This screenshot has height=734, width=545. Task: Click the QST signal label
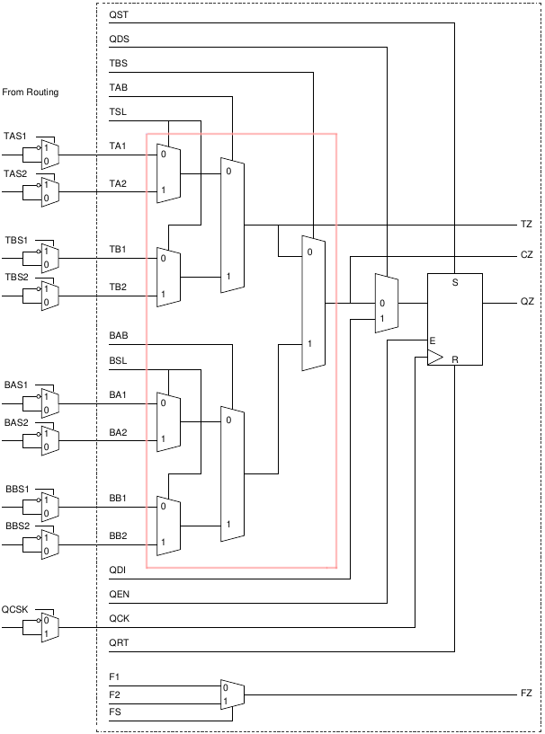(x=118, y=15)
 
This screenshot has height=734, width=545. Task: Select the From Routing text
(x=31, y=93)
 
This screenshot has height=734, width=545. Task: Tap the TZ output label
(x=526, y=224)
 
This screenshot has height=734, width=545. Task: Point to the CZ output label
(x=527, y=255)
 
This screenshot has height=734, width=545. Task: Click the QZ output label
(x=527, y=302)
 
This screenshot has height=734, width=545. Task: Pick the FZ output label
(x=526, y=694)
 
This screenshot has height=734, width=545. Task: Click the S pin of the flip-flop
(x=454, y=283)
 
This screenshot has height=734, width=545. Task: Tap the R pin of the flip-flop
(x=455, y=359)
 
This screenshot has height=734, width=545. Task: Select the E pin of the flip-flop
(x=433, y=341)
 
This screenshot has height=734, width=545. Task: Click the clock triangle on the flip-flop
(x=433, y=358)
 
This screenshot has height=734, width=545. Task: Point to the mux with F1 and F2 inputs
(x=232, y=694)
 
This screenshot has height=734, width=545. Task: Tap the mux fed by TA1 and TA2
(x=168, y=172)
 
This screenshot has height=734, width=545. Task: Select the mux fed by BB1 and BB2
(x=168, y=525)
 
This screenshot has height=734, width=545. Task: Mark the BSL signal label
(x=118, y=360)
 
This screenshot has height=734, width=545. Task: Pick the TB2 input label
(x=118, y=287)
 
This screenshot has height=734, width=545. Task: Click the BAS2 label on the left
(x=17, y=422)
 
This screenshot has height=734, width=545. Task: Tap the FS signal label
(x=114, y=712)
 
